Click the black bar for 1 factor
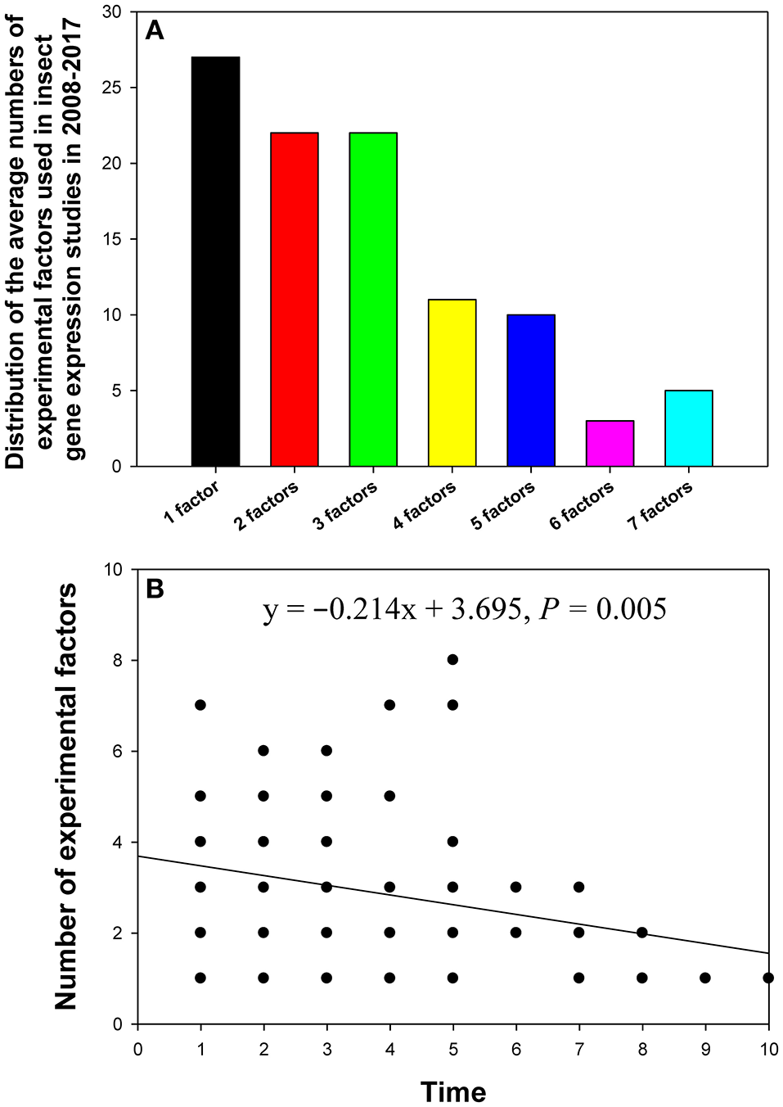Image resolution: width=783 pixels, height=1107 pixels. [x=215, y=261]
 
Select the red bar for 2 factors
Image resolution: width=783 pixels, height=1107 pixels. [x=295, y=300]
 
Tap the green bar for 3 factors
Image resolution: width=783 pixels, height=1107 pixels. [x=373, y=300]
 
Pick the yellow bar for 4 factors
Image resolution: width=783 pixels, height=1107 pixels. [x=452, y=383]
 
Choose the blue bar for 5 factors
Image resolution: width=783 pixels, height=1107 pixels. [x=531, y=391]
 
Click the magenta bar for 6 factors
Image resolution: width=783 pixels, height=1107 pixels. [x=610, y=444]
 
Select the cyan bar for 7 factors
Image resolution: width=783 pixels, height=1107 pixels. [x=689, y=428]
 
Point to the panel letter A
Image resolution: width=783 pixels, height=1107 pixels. [x=154, y=31]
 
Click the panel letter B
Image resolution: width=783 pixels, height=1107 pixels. [x=154, y=589]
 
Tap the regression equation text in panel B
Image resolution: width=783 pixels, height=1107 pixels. [x=464, y=609]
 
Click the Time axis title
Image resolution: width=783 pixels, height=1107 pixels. [x=453, y=1091]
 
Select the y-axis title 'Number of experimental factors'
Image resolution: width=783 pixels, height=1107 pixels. [x=65, y=796]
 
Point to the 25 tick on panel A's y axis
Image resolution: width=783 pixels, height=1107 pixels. [x=111, y=88]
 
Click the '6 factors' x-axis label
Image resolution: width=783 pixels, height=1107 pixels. [x=582, y=505]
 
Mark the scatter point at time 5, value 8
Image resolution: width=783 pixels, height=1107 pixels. [x=452, y=660]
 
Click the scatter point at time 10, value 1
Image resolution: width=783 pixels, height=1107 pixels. [x=767, y=978]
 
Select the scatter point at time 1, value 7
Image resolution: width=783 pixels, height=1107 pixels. [x=200, y=705]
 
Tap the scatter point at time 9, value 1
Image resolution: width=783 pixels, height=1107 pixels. [x=705, y=978]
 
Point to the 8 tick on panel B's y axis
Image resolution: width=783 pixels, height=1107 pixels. [x=119, y=661]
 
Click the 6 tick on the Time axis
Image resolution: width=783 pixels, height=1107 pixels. [x=516, y=1050]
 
